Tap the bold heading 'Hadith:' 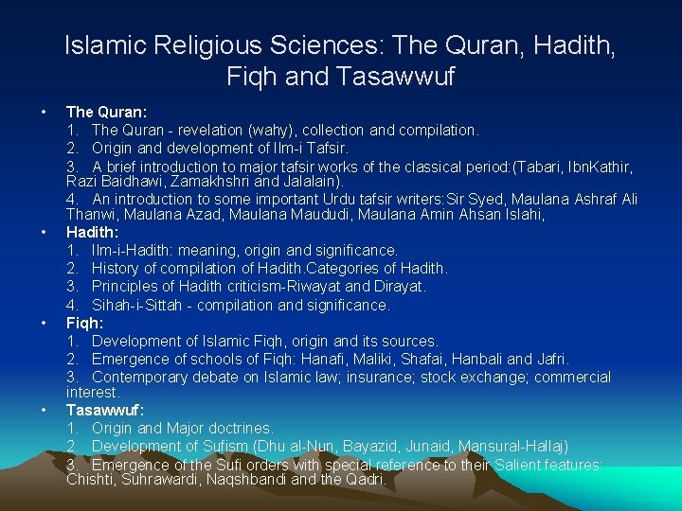(92, 232)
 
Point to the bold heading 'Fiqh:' (85, 323)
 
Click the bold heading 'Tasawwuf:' (104, 410)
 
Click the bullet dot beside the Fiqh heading (45, 323)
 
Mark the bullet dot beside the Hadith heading (45, 232)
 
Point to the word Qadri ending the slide (364, 480)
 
